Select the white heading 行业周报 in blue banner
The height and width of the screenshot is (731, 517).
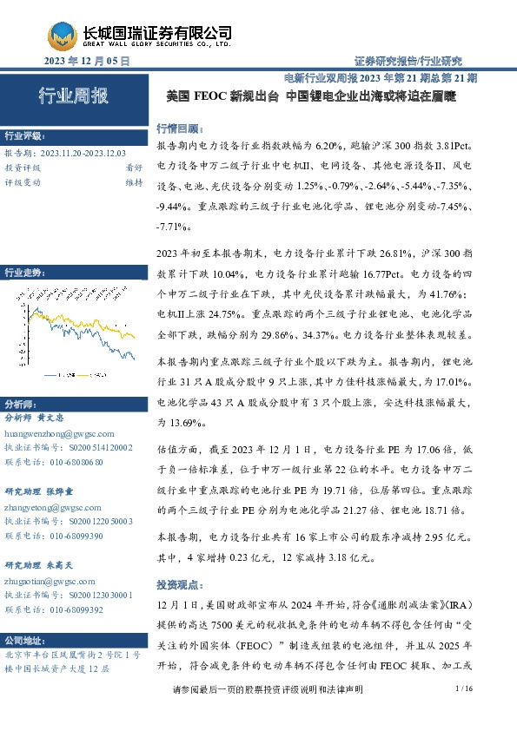click(73, 96)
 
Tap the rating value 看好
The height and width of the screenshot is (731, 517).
click(133, 168)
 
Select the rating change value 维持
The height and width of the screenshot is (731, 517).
click(133, 182)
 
